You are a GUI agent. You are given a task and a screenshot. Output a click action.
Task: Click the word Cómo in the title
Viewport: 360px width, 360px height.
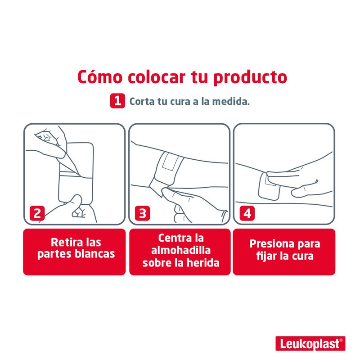click(x=100, y=76)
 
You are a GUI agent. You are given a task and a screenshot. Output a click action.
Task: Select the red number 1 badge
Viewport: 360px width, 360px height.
click(x=117, y=101)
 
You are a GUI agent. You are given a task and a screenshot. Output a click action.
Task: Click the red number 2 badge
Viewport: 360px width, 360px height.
click(x=37, y=213)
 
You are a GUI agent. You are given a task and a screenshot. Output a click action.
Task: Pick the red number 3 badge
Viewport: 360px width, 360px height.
click(x=142, y=213)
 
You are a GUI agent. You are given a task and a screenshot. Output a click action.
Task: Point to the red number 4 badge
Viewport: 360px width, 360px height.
click(x=247, y=213)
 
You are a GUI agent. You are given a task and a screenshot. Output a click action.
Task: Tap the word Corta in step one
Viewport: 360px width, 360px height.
click(x=142, y=102)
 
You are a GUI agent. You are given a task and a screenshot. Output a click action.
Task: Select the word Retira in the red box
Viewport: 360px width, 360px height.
click(x=66, y=242)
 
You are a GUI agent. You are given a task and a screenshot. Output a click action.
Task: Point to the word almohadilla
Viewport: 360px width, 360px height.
click(x=181, y=250)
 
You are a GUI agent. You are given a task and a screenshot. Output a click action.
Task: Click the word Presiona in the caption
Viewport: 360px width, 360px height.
click(x=271, y=244)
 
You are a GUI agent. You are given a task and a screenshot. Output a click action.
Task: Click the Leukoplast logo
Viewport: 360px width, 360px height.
click(x=310, y=343)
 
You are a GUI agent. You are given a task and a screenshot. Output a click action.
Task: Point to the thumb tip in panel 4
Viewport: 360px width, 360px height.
click(x=294, y=193)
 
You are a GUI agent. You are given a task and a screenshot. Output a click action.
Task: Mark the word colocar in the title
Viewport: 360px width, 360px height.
click(x=156, y=76)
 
